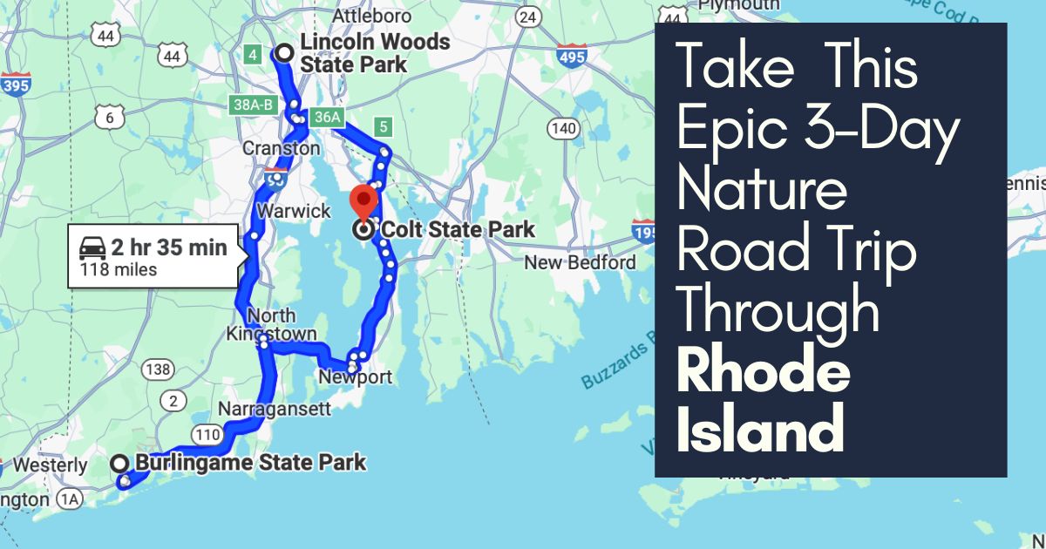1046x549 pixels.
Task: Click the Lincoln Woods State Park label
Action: (374, 53)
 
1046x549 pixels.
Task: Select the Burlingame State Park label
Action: (250, 463)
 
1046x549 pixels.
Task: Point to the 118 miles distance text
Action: (119, 270)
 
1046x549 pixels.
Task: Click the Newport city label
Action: (356, 377)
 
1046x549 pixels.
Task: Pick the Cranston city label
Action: (281, 148)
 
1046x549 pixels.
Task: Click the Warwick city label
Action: (300, 211)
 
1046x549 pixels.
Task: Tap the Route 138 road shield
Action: (158, 369)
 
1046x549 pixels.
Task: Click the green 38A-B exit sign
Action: (253, 105)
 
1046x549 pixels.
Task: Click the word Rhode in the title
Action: (763, 373)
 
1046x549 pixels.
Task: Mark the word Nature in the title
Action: (761, 192)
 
